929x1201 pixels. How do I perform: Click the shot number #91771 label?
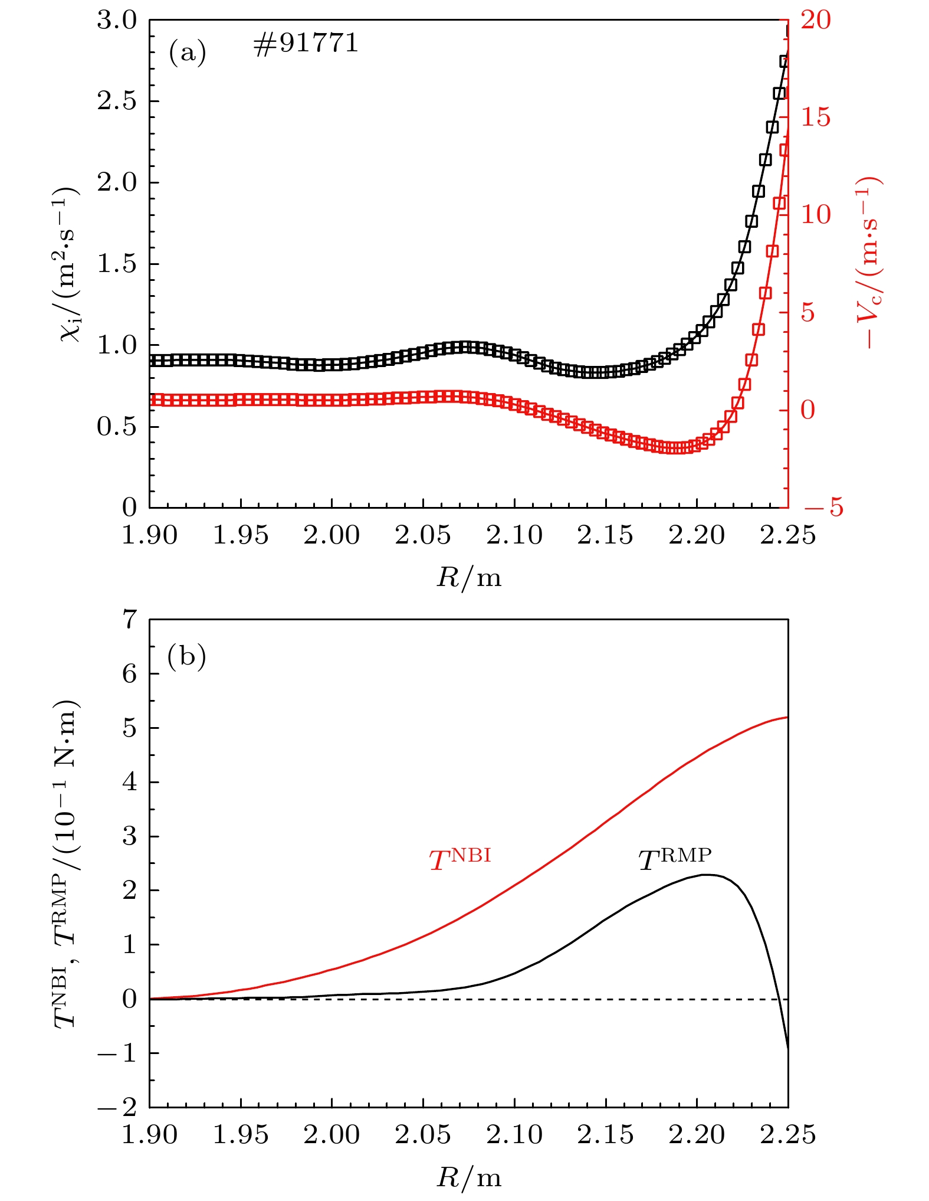tap(306, 44)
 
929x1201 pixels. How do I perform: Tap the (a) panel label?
tap(188, 52)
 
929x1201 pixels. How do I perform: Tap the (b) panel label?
tap(186, 656)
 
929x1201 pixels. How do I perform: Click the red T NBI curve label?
tap(459, 859)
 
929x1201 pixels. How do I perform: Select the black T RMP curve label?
tap(675, 859)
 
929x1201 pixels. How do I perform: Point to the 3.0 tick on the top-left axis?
tap(117, 20)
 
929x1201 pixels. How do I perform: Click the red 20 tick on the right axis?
tap(815, 20)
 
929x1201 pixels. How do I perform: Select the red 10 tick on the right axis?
tap(815, 215)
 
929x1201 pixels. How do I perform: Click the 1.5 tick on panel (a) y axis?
tap(117, 264)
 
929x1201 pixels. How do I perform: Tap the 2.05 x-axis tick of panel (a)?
tap(423, 535)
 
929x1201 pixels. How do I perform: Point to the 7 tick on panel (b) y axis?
tap(129, 620)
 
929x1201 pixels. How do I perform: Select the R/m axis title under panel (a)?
tap(469, 577)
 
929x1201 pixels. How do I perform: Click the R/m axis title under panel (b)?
tap(469, 1178)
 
